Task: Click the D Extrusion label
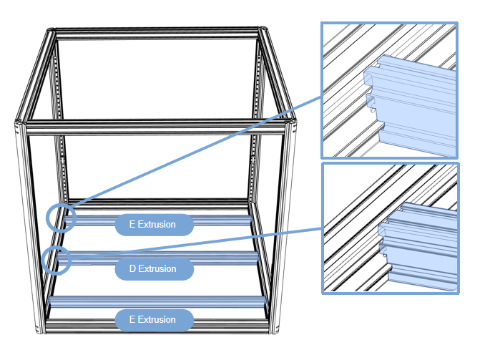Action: pos(154,269)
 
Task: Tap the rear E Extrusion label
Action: pos(154,225)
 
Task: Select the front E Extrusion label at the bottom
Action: pos(154,320)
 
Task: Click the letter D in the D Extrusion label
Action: pos(132,269)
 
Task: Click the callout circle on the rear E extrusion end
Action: pos(61,217)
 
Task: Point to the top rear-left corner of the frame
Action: pos(52,31)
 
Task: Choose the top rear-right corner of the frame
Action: pos(264,32)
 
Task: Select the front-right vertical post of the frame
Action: pos(287,229)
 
